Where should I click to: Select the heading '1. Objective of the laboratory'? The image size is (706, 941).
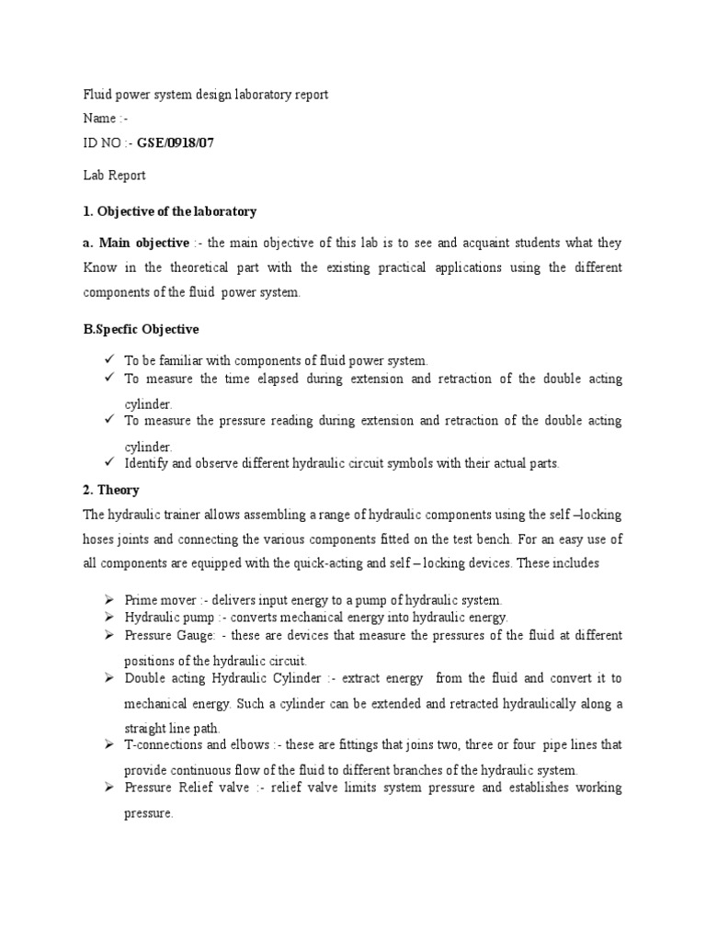point(169,211)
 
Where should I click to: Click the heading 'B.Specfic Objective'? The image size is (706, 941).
point(141,329)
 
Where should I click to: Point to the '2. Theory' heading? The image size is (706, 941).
point(111,491)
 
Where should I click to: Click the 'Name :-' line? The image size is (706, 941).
point(100,119)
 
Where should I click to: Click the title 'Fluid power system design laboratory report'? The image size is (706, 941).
point(205,95)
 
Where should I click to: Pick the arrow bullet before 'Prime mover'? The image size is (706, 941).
point(108,599)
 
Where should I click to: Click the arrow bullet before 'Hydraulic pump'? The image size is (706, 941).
point(108,618)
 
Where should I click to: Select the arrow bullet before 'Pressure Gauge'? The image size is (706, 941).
point(108,635)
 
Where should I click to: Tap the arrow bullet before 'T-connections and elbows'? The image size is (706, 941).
point(108,744)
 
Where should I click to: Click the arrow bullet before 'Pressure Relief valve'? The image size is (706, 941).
point(108,788)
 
